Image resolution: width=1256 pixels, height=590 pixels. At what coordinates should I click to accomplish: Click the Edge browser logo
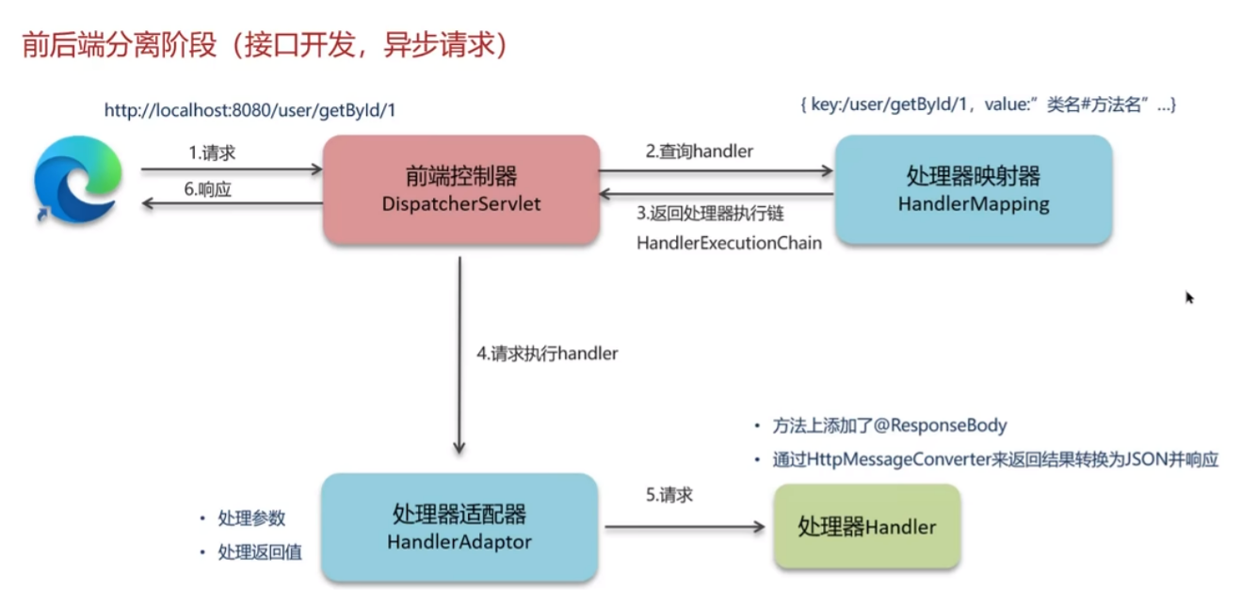point(78,180)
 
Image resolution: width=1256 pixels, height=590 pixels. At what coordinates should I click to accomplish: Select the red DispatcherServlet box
point(461,189)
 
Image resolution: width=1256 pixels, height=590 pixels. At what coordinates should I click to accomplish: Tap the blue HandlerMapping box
point(974,189)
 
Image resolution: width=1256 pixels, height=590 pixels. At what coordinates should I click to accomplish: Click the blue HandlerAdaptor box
point(459,527)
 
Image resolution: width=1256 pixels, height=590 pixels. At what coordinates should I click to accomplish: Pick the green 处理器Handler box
point(867,527)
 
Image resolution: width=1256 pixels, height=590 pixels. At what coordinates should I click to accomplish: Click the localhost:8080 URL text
point(250,110)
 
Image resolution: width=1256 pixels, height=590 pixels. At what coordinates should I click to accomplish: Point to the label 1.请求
point(212,152)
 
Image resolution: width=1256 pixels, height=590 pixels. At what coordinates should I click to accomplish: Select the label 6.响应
point(207,189)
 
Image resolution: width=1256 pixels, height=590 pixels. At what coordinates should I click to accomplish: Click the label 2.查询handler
point(700,151)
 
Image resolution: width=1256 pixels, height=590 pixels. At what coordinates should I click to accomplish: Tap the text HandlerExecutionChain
point(729,243)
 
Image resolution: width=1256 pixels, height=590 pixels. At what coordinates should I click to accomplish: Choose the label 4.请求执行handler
point(547,354)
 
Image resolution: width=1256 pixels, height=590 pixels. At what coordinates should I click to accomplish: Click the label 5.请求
point(669,495)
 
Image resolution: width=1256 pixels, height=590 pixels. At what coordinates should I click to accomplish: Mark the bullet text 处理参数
point(251,518)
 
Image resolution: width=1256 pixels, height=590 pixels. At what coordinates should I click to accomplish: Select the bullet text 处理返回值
point(260,552)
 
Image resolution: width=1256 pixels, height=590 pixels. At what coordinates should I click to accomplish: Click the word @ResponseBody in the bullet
point(941,426)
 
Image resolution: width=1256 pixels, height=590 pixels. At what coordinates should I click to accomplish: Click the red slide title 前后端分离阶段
point(119,45)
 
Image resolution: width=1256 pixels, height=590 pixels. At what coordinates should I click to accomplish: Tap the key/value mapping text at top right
point(988,104)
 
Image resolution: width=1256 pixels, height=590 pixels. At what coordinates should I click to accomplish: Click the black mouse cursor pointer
point(1189,297)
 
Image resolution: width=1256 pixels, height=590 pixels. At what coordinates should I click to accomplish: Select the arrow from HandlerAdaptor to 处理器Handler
point(684,527)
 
